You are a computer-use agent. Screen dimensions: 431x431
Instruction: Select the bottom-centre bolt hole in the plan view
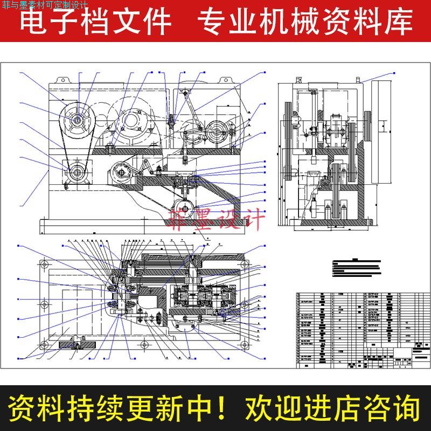click(x=143, y=345)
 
